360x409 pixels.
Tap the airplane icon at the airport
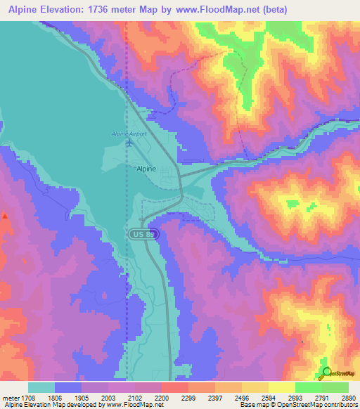coord(129,143)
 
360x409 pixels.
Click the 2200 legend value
coord(162,397)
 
